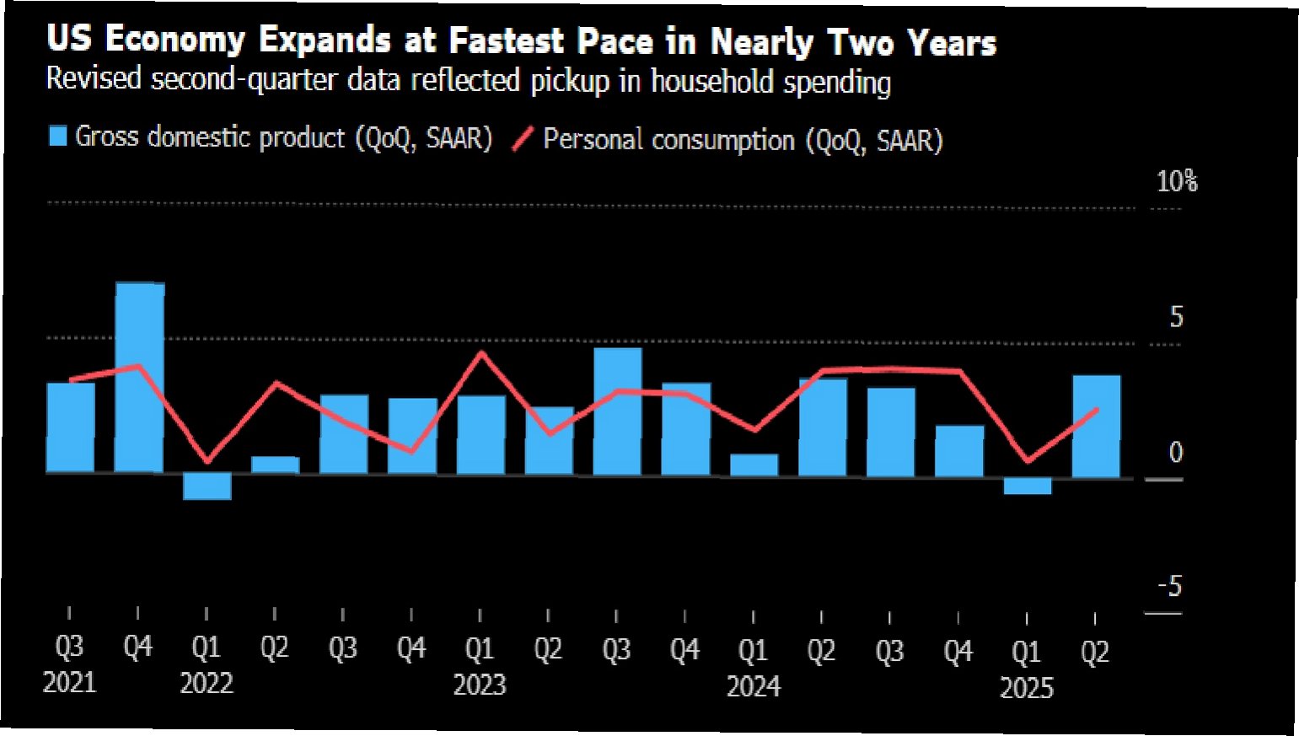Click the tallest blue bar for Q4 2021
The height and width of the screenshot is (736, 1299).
coord(139,377)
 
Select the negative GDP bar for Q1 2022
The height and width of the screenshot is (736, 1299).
coord(207,486)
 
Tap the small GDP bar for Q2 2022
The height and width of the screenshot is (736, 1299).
coord(276,465)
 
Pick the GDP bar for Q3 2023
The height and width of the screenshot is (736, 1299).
coord(617,411)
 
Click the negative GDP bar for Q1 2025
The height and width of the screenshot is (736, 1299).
coord(1027,486)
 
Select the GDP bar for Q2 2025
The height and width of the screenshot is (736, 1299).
coord(1096,426)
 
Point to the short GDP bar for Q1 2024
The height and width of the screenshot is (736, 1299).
coord(754,465)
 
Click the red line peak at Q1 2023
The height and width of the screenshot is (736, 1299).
coord(481,352)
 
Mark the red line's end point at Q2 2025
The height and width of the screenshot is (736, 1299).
coord(1096,410)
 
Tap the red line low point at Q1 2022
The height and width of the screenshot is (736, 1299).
coord(207,461)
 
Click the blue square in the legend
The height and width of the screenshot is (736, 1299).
coord(57,137)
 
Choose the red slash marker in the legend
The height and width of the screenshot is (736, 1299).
coord(523,139)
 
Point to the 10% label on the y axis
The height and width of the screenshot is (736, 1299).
coord(1177,181)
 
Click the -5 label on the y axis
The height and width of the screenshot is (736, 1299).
coord(1170,586)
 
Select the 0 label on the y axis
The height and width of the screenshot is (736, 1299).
coord(1176,453)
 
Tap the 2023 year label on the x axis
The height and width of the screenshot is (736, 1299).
coord(480,685)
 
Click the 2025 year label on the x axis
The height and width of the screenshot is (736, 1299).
coord(1026,688)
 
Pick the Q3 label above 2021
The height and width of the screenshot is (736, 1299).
coord(69,647)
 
